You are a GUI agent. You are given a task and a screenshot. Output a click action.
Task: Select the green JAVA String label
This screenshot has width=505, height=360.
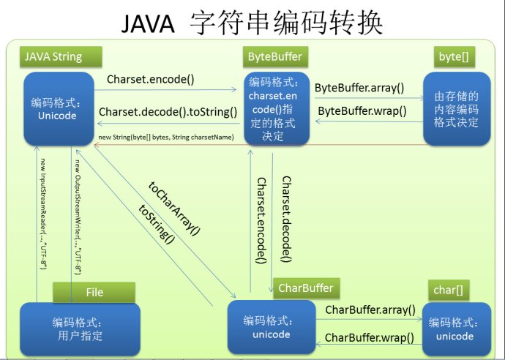pos(53,56)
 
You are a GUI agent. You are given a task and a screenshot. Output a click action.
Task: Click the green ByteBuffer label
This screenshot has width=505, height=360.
pos(274,56)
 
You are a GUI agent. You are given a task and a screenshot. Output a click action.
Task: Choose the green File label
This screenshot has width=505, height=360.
pos(94,292)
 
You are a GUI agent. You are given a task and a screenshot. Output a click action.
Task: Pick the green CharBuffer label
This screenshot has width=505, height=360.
pos(306,288)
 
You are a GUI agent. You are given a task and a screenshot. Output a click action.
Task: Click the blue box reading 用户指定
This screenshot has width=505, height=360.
pos(70,329)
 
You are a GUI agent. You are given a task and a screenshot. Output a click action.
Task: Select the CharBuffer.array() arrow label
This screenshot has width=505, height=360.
pos(370,310)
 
